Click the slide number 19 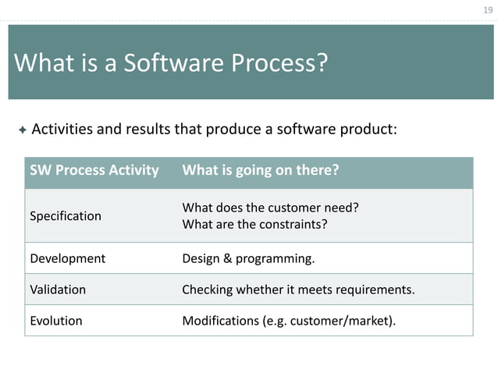pyautogui.click(x=488, y=9)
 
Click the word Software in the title pyautogui.click(x=171, y=62)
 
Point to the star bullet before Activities pyautogui.click(x=22, y=129)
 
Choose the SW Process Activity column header pyautogui.click(x=94, y=170)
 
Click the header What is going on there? pyautogui.click(x=260, y=170)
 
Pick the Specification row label pyautogui.click(x=66, y=216)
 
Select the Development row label pyautogui.click(x=67, y=258)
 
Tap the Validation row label pyautogui.click(x=58, y=290)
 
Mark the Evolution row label pyautogui.click(x=55, y=321)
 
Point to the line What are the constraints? pyautogui.click(x=254, y=225)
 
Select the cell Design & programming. pyautogui.click(x=248, y=258)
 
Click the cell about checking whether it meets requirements pyautogui.click(x=298, y=290)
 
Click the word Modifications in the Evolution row pyautogui.click(x=219, y=321)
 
